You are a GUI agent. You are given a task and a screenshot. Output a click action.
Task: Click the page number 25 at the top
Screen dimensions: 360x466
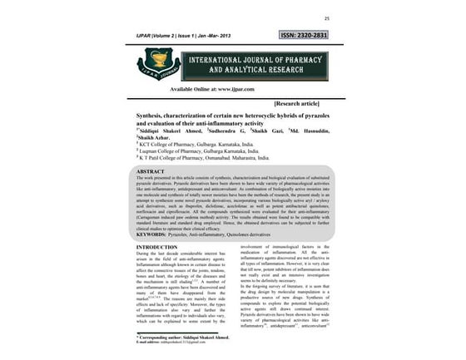(327, 17)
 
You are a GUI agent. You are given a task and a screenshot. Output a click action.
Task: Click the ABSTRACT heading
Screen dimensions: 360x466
(151, 170)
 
